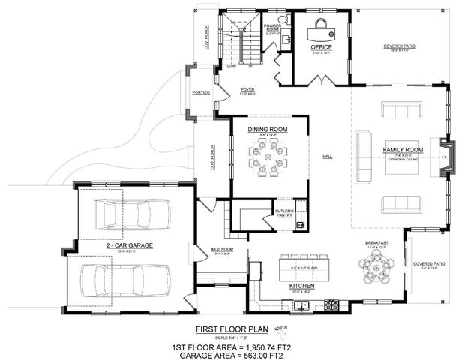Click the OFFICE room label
pos(322,46)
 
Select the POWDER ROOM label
pos(272,28)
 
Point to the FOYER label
pos(248,88)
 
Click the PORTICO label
pos(200,92)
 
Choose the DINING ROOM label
pos(268,130)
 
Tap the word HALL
pos(327,157)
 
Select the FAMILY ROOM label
pos(403,150)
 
